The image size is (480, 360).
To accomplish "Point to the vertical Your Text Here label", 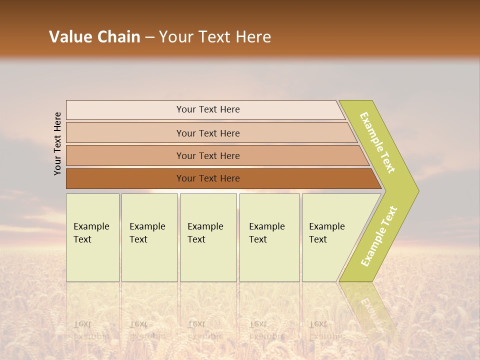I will point(57,143).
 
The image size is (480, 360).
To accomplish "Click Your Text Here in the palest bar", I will point(208,109).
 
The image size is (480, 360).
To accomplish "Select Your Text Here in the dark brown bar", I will point(208,178).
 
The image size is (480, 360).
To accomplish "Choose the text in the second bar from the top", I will point(208,133).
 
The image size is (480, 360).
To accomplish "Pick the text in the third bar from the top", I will point(208,156).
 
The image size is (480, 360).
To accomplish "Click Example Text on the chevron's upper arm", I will point(377,142).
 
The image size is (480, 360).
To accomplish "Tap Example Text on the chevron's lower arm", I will point(378,236).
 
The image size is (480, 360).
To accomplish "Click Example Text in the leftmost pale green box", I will point(91,233).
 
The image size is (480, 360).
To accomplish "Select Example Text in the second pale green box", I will point(147,233).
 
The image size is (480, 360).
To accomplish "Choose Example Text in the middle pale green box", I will point(205,233).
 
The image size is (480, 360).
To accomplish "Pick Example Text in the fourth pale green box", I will point(266,233).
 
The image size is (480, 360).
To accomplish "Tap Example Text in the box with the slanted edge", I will point(326,233).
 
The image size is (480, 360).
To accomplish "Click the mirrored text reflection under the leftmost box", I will point(91,330).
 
